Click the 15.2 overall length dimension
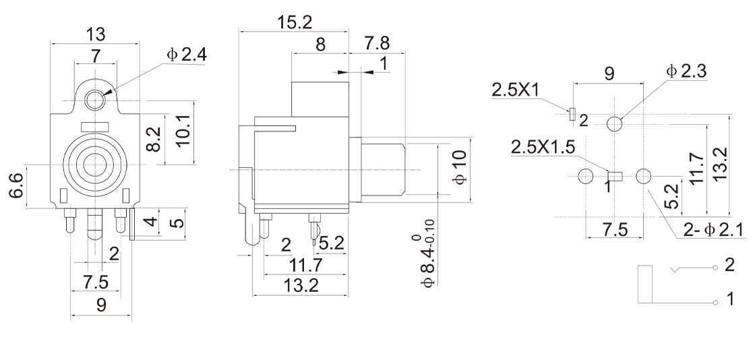[x=294, y=22]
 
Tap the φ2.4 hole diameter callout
[x=187, y=55]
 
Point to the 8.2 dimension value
[x=154, y=139]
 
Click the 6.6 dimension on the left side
[x=16, y=186]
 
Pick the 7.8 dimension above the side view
[x=377, y=43]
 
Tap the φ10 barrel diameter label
[x=460, y=167]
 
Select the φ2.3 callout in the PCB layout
[x=686, y=71]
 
